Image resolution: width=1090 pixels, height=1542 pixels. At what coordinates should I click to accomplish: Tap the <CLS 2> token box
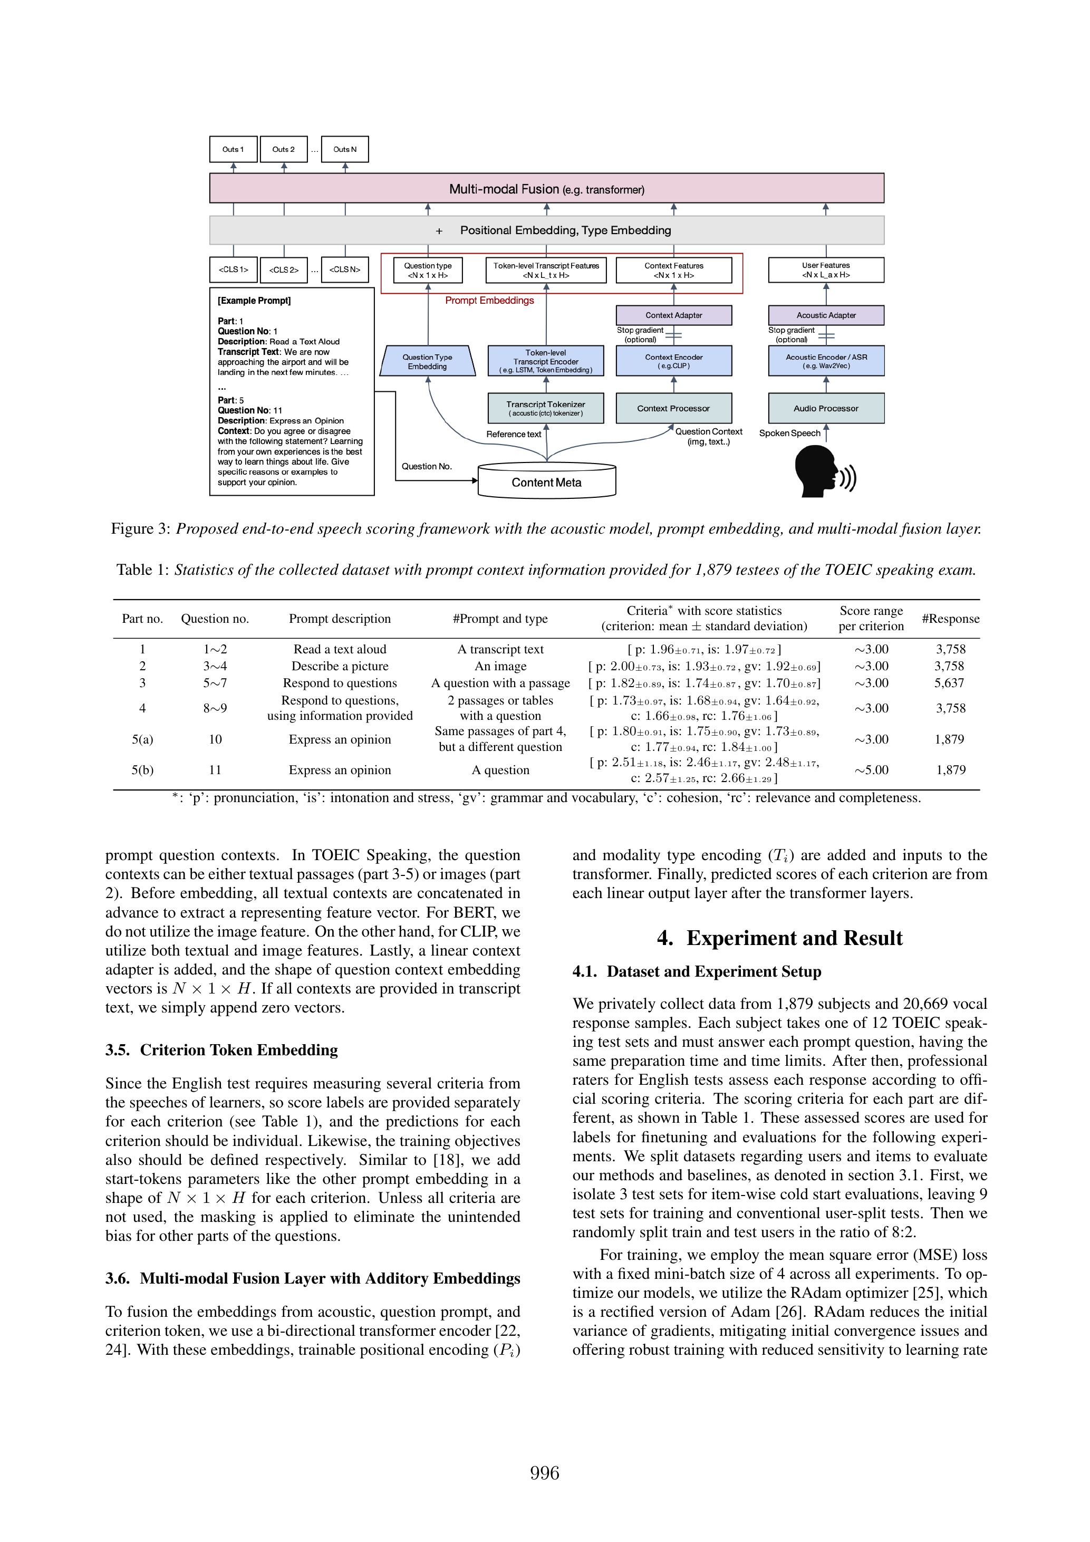[x=283, y=270]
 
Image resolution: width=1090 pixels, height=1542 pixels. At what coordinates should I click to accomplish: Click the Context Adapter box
[x=673, y=315]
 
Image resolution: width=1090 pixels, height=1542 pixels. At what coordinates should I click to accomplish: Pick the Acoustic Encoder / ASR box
[x=825, y=361]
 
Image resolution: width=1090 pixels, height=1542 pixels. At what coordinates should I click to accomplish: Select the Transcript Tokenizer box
[x=545, y=408]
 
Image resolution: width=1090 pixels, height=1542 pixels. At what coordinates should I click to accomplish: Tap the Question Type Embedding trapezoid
[x=427, y=361]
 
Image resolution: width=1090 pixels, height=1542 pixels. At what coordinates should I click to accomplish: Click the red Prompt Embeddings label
[x=489, y=300]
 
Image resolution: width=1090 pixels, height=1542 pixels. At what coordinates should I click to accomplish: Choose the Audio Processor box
[x=825, y=408]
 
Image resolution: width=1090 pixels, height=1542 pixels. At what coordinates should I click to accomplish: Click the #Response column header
[x=950, y=619]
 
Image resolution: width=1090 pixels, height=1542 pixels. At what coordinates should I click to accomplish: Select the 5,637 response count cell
[x=950, y=683]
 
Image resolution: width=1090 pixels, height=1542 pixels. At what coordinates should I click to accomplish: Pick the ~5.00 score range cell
[x=871, y=770]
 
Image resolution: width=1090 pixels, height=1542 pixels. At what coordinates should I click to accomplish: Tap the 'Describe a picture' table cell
[x=340, y=666]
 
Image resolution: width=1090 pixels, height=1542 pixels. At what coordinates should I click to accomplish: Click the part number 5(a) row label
[x=142, y=739]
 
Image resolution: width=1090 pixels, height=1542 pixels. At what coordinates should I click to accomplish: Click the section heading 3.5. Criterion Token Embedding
[x=221, y=1050]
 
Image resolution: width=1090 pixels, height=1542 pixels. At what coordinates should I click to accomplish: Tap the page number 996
[x=545, y=1473]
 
